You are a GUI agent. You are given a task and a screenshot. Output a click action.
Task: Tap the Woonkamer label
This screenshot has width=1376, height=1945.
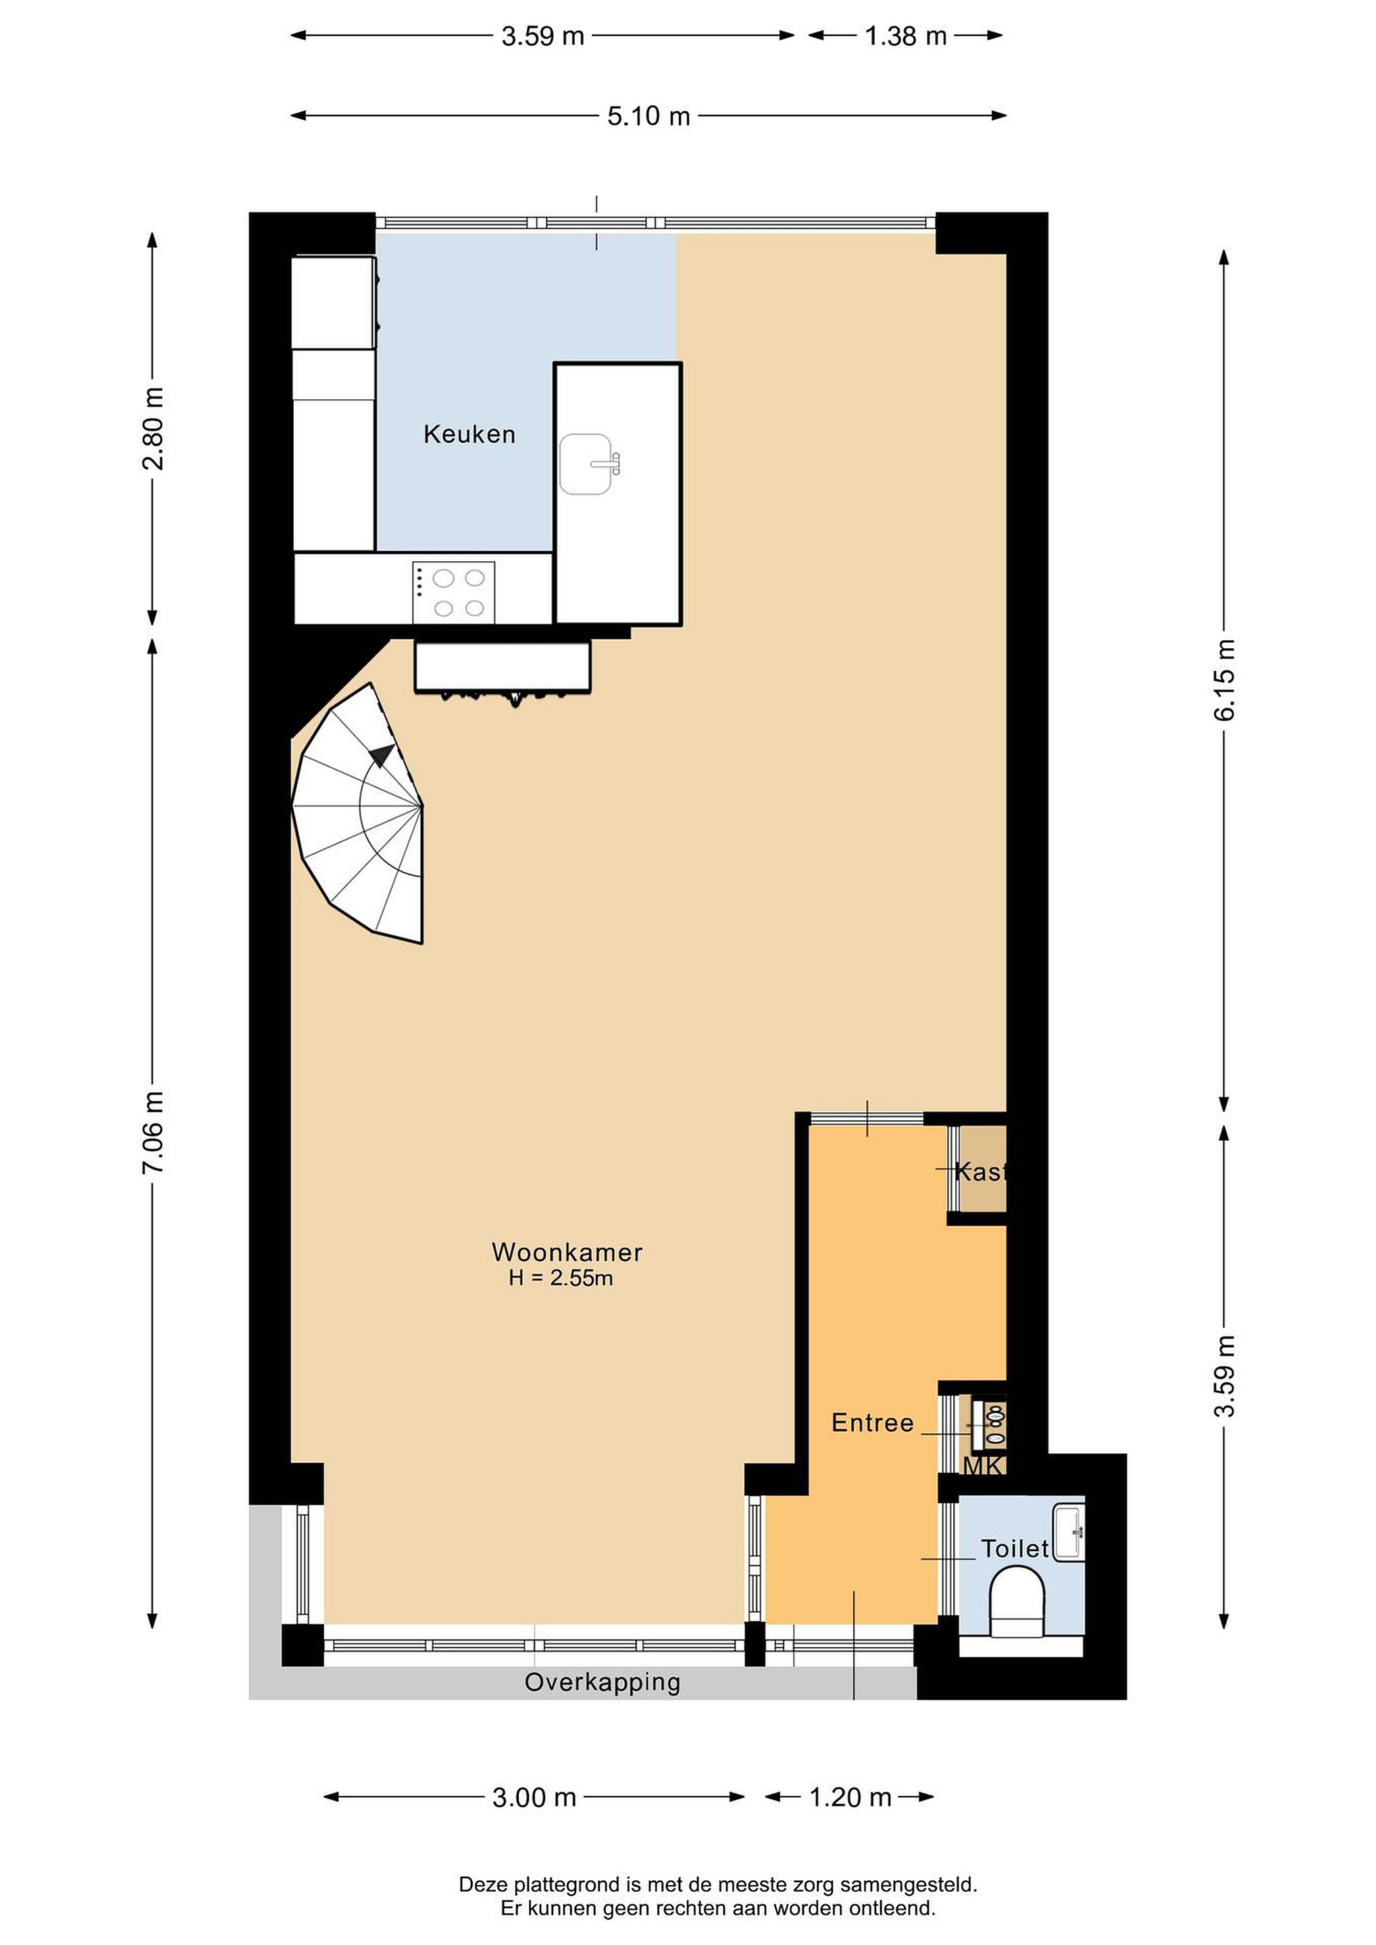click(567, 1252)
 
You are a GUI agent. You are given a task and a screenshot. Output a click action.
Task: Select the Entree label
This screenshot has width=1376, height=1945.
click(873, 1422)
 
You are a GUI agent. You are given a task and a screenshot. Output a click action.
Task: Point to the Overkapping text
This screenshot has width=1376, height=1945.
click(603, 1682)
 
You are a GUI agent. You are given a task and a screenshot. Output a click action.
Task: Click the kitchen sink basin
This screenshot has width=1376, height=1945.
click(586, 464)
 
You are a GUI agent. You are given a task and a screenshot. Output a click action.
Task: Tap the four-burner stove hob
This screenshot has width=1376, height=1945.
click(454, 592)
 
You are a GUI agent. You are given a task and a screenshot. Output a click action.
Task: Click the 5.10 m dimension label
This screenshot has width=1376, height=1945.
click(648, 116)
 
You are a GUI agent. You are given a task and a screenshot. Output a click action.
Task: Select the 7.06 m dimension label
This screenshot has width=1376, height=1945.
click(153, 1133)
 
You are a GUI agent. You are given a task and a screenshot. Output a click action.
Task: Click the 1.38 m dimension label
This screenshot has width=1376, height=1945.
click(905, 36)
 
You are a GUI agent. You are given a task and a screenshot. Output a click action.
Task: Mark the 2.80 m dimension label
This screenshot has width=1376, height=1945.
click(153, 429)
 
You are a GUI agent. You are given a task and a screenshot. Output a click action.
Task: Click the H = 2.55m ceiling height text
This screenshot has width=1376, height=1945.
click(561, 1278)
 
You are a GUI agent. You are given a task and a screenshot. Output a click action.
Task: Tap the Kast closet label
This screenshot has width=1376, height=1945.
click(980, 1172)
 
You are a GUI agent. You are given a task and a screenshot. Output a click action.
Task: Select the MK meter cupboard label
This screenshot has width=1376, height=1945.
click(984, 1466)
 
